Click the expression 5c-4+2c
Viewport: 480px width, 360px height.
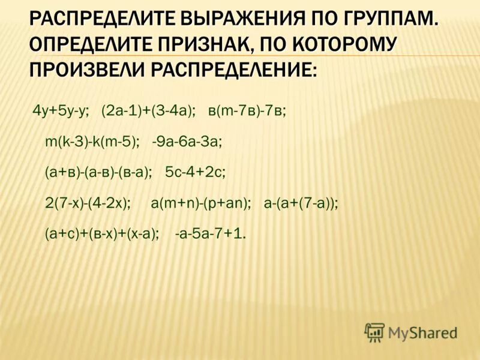click(x=195, y=173)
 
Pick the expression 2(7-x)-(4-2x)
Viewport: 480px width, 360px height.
click(x=88, y=203)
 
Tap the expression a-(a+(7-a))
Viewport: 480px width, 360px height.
click(x=301, y=203)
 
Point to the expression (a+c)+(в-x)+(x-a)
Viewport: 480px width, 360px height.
click(x=102, y=234)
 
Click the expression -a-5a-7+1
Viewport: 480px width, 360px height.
click(x=210, y=234)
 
